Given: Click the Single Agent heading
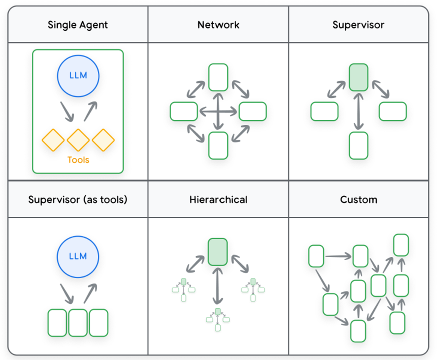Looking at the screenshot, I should click(77, 24).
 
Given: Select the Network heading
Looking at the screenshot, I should click(218, 24).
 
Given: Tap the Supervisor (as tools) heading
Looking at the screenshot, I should click(77, 199).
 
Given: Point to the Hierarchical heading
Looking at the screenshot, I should click(218, 199).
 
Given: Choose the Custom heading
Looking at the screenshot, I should click(358, 199).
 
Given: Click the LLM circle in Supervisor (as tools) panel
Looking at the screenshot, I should click(78, 256).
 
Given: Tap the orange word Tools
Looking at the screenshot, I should click(78, 160).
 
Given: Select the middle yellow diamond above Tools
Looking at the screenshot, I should click(78, 140).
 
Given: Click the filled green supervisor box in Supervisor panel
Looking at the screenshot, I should click(358, 77).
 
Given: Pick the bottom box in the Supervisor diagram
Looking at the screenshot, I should click(358, 145).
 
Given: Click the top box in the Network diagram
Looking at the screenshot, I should click(218, 77).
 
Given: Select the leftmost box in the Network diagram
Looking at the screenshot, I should click(184, 111).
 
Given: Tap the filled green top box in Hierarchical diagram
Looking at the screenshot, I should click(217, 251).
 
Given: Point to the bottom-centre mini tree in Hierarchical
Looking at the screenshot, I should click(217, 319).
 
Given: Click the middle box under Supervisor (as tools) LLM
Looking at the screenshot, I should click(78, 322).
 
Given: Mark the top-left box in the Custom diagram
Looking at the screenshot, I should click(316, 256).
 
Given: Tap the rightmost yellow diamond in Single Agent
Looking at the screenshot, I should click(103, 140).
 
